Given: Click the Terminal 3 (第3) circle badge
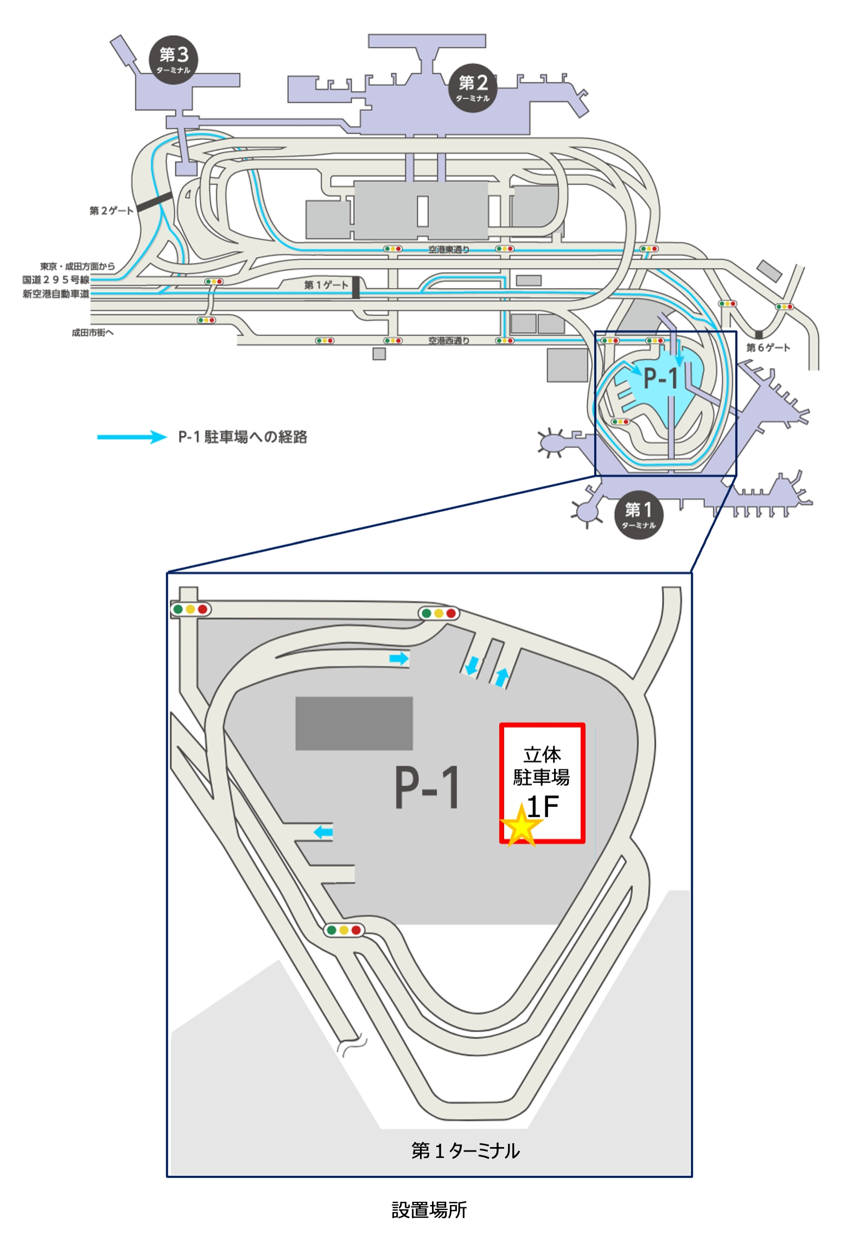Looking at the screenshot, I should pos(174,60).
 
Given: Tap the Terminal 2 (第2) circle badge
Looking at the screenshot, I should pos(473,87).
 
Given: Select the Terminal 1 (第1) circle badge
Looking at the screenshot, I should pos(639,514).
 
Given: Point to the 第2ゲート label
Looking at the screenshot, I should pos(111,211).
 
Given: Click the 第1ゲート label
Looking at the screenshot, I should pos(326,285).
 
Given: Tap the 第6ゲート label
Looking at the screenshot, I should pos(768,347).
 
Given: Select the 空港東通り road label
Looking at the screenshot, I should pos(449,250).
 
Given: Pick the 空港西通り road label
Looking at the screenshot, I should pos(449,341).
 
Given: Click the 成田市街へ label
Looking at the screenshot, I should pos(93,333).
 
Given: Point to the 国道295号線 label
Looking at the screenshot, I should pos(56,280).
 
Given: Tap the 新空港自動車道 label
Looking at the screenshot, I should pos(56,294).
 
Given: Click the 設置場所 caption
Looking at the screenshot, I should pos(429,1210).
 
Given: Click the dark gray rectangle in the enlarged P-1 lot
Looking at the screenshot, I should pos(354,723).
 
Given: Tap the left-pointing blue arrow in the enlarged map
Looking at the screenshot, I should pos(323,832).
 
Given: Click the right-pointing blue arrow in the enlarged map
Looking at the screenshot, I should pos(399,659).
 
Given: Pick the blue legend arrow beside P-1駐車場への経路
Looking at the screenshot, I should pos(132,437).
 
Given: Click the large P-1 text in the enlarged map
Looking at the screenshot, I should pos(427,787).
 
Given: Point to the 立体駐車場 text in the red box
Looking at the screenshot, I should pos(542,766).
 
